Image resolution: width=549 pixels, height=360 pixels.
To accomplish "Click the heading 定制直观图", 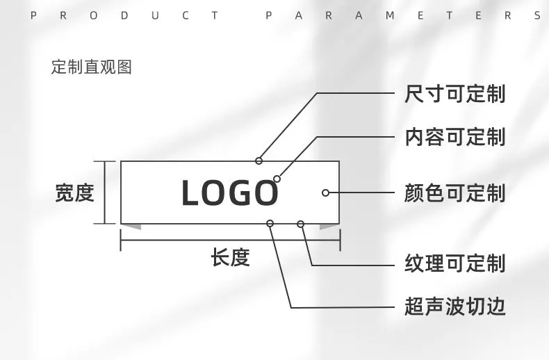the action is tap(91, 67).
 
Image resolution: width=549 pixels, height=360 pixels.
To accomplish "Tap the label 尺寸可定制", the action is tap(454, 94).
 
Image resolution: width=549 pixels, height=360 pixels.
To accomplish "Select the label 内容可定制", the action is tap(454, 137).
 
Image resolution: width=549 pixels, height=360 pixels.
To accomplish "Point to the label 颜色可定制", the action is tap(454, 193).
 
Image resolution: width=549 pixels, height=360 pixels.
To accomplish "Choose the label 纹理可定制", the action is tap(454, 263).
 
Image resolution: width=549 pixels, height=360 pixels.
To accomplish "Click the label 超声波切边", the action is tap(454, 306).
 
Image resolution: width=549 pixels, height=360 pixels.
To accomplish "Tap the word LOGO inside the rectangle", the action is tap(230, 193).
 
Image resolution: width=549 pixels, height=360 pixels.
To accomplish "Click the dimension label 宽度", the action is tap(74, 193).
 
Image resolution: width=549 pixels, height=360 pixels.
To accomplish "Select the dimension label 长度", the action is tap(230, 257).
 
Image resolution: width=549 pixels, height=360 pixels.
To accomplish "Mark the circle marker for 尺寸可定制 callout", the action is tap(259, 161).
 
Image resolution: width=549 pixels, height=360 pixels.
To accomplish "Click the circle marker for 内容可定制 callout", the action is tap(277, 179).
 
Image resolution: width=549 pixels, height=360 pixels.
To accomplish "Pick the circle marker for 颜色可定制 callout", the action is tap(325, 193).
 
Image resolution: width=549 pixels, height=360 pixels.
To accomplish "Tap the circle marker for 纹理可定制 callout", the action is tap(300, 224).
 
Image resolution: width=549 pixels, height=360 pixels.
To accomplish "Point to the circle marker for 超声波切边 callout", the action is tap(270, 223).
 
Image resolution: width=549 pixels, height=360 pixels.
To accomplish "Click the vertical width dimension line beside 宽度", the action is tap(105, 193).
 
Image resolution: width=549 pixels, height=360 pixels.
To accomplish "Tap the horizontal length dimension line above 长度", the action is tap(231, 240).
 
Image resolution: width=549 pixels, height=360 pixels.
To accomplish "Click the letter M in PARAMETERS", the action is tap(390, 15).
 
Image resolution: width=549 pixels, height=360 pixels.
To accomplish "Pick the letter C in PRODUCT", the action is tap(186, 15).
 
